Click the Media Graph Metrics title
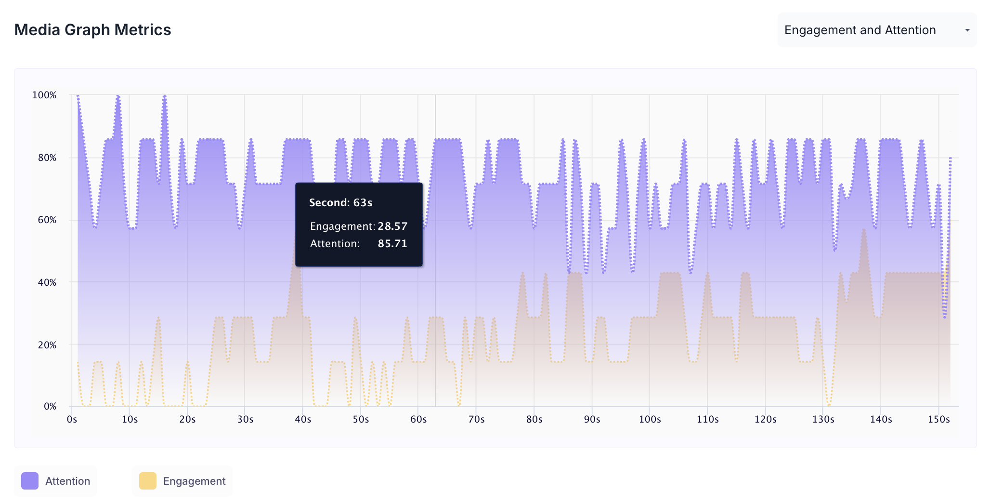92,30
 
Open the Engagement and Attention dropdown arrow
967,30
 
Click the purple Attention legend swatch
30,481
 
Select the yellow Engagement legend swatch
148,481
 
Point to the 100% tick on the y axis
44,95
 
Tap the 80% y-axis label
47,158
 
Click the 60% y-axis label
47,220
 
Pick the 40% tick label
47,282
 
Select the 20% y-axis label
47,345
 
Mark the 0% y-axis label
50,406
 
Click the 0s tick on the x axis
72,419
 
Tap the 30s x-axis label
245,419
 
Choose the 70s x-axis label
476,419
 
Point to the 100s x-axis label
650,419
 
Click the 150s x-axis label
938,419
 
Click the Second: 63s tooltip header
340,202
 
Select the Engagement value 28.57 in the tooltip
392,226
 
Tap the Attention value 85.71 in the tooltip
392,244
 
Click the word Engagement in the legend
194,481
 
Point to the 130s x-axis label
823,419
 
